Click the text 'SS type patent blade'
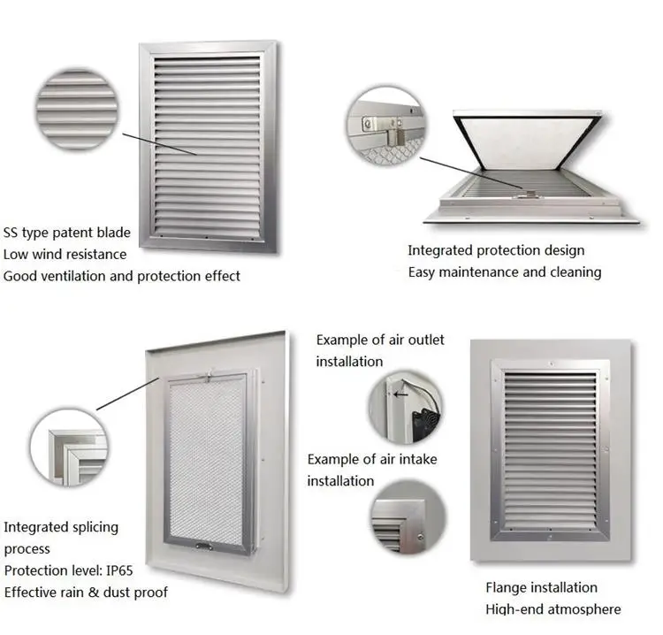tap(67, 233)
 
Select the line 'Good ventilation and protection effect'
tap(122, 276)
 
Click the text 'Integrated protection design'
tap(496, 250)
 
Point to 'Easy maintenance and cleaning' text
tap(504, 272)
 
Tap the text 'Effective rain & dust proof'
tap(86, 592)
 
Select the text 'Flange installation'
tap(541, 587)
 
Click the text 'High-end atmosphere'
tap(552, 608)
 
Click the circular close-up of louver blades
tap(76, 109)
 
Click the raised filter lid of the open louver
tap(528, 142)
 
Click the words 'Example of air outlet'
tap(380, 340)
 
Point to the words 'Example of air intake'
tap(372, 459)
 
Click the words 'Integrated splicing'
tap(61, 527)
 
